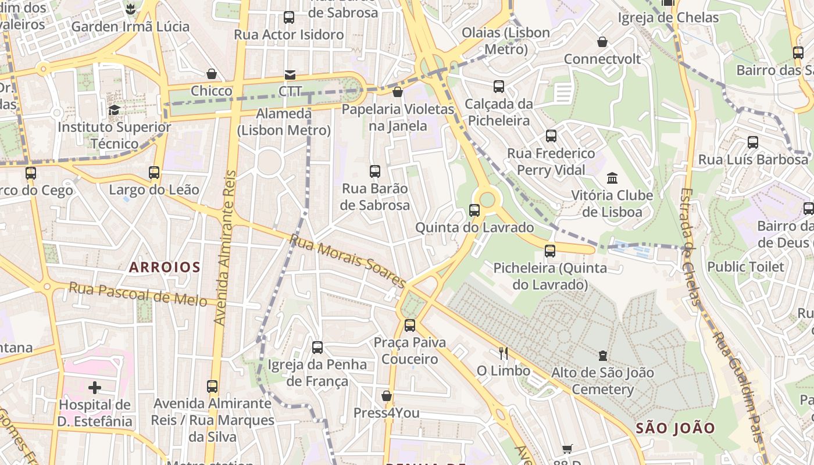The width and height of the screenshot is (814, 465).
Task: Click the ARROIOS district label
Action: click(165, 267)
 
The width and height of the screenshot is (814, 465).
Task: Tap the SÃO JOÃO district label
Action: click(675, 428)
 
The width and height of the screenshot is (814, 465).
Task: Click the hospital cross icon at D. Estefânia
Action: click(95, 387)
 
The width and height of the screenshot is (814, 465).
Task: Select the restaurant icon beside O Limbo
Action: click(504, 353)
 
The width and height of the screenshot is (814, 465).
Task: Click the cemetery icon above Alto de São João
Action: click(602, 355)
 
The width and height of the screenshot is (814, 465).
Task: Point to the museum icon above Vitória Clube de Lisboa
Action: click(612, 178)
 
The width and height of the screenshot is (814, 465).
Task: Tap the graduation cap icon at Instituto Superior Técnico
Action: click(115, 110)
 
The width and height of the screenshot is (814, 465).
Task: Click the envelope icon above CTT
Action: click(290, 75)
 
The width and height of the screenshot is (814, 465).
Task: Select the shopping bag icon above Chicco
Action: click(211, 74)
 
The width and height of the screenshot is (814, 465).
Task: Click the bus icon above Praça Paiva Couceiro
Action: click(410, 325)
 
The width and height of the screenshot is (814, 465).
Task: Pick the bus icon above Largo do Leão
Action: click(154, 173)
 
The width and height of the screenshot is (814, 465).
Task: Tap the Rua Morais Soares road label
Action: click(347, 261)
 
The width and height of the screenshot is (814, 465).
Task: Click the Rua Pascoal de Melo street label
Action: click(138, 294)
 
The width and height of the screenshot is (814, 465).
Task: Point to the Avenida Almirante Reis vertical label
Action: click(226, 247)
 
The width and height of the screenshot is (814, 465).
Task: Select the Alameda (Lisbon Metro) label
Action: click(284, 121)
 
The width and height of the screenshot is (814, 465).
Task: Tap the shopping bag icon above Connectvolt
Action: click(602, 42)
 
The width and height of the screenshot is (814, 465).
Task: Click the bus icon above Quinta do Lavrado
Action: click(474, 210)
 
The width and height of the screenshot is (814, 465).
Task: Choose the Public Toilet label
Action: click(745, 267)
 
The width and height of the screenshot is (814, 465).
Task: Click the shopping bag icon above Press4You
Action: click(387, 396)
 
